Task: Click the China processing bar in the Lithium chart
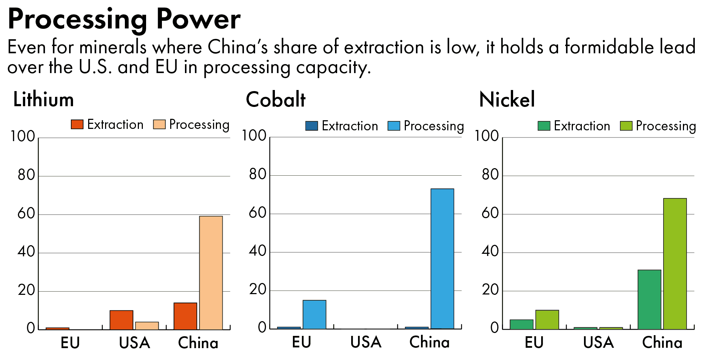tap(211, 273)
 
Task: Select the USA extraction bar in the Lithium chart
tap(121, 320)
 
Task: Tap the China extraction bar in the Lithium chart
tap(185, 316)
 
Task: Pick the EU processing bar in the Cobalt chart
tap(314, 315)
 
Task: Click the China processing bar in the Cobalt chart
tap(442, 258)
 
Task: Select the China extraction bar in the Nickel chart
tap(649, 300)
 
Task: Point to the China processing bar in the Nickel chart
tap(675, 264)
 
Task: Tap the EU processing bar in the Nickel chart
tap(547, 320)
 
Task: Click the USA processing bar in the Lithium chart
tap(147, 326)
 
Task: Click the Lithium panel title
tap(44, 100)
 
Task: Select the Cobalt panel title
tap(276, 100)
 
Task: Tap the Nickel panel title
tap(507, 100)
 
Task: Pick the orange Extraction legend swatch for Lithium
tap(77, 125)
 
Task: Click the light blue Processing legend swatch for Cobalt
tap(394, 126)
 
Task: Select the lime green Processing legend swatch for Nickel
tap(626, 126)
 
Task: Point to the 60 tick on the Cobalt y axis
tap(258, 213)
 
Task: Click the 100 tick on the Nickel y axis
tap(486, 136)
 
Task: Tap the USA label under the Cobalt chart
tap(366, 342)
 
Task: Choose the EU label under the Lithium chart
tap(70, 343)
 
